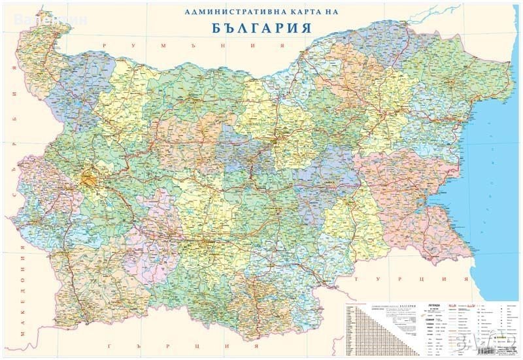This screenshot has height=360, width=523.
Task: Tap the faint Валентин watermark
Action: [46, 18]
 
